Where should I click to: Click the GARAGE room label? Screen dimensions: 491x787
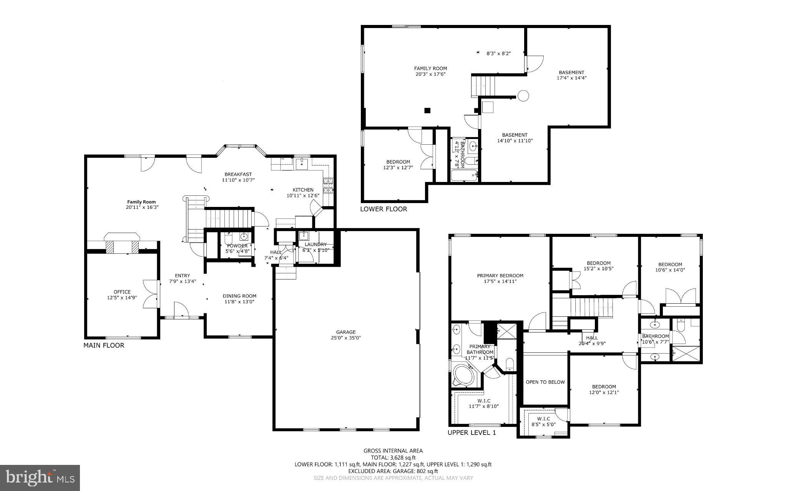[x=346, y=332]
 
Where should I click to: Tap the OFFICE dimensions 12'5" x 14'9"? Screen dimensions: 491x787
[x=122, y=298]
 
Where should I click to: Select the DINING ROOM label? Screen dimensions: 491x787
[x=239, y=296]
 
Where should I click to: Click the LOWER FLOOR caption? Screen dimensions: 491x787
[x=384, y=209]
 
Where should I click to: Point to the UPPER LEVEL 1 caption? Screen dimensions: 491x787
[x=472, y=433]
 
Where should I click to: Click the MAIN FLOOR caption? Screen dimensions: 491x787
[x=104, y=346]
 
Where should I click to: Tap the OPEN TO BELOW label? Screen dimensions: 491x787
[x=545, y=382]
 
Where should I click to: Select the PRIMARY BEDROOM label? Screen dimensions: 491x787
[x=500, y=276]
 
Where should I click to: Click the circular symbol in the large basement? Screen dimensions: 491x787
[x=523, y=96]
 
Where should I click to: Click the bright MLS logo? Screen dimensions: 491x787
[x=40, y=478]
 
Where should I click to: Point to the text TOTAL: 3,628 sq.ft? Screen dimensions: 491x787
[x=393, y=458]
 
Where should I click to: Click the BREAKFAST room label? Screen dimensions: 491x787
[x=238, y=174]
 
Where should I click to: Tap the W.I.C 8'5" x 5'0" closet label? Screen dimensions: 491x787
[x=543, y=422]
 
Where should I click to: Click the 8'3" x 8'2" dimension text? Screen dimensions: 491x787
[x=498, y=54]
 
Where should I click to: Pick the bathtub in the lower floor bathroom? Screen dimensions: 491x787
[x=464, y=176]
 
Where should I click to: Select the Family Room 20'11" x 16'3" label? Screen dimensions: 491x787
[x=142, y=205]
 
